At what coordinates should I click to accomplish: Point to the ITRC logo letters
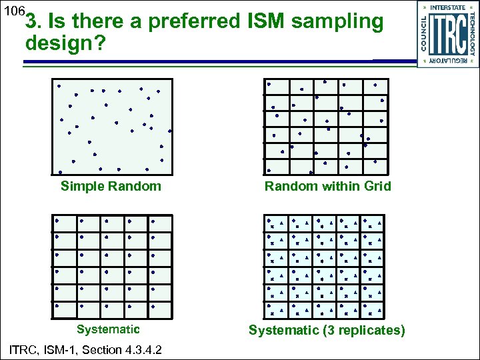click(447, 34)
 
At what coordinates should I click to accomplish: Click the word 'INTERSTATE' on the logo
click(448, 7)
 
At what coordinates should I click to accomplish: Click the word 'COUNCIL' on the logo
click(423, 33)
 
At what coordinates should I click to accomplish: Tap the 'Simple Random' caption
click(111, 186)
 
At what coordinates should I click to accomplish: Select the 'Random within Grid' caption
click(327, 186)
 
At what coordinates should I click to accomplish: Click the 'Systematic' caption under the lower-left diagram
click(108, 329)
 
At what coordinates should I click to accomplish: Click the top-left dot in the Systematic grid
click(57, 220)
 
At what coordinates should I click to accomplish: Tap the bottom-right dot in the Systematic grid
click(153, 307)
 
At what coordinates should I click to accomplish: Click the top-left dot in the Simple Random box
click(59, 86)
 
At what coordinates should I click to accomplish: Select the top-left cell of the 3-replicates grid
click(276, 223)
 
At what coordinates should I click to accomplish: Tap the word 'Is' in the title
click(55, 22)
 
